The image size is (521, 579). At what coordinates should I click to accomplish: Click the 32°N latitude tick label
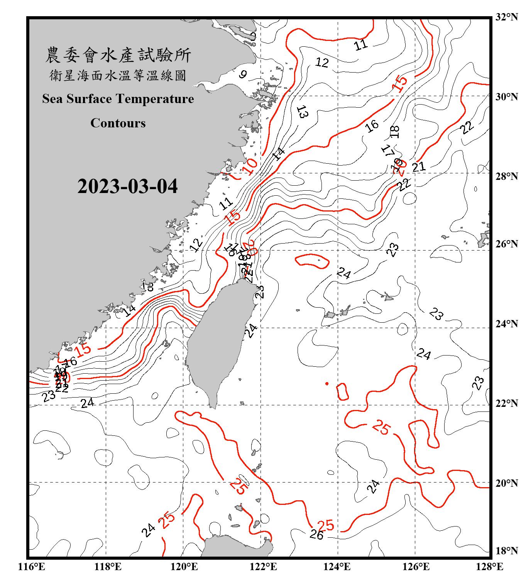coord(506,17)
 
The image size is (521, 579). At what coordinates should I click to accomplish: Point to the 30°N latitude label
coord(506,96)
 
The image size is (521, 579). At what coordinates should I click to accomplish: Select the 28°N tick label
coord(506,176)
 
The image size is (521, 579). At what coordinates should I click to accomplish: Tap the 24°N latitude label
coord(506,323)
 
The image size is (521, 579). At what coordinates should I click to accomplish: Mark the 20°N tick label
coord(506,483)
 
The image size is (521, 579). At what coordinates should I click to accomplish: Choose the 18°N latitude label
coord(506,551)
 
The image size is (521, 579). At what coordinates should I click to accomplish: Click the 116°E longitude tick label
coord(32,567)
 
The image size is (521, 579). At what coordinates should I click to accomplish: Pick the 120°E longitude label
coord(184,567)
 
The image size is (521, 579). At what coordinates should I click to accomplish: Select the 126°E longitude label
coord(416,567)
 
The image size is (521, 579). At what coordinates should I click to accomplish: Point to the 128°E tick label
coord(489,567)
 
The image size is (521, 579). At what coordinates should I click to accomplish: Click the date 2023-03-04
coord(127,186)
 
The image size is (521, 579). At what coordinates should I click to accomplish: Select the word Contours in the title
coord(118,123)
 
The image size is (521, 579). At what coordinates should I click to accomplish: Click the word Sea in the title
coord(52,99)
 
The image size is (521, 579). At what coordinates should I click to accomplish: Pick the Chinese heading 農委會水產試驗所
coord(118,55)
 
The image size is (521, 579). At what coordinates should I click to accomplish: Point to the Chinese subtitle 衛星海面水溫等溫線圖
coord(118,75)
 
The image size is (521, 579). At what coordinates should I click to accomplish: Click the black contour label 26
coord(316,535)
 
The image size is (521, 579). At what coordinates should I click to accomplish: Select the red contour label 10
coord(250,166)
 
